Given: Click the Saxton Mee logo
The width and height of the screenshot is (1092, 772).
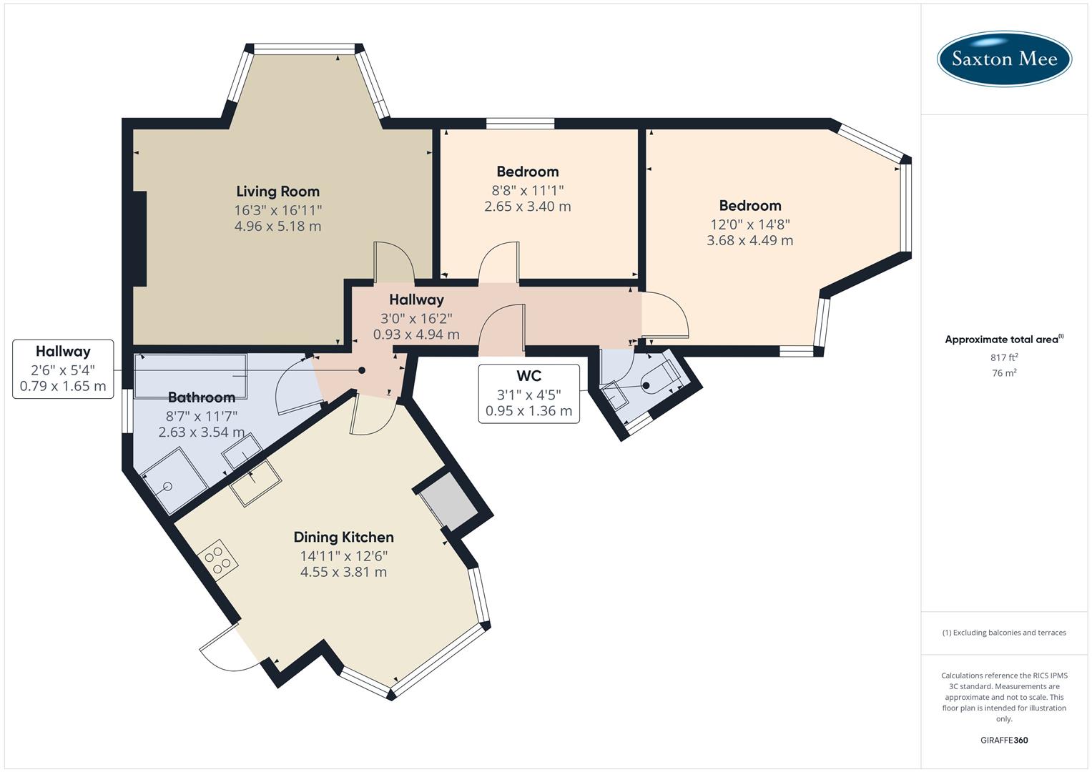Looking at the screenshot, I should [x=1004, y=59].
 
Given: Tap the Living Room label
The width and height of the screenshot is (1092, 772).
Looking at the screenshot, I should [x=277, y=191].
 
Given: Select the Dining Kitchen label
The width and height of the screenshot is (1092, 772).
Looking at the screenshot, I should [x=343, y=537].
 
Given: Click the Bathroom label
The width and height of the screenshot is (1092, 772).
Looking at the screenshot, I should [x=201, y=397].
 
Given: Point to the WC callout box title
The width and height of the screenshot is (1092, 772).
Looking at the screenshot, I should [x=528, y=376].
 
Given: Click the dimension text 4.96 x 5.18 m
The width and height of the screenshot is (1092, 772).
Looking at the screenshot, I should [x=277, y=227].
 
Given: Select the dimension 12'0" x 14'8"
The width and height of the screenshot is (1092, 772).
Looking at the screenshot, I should [x=749, y=224].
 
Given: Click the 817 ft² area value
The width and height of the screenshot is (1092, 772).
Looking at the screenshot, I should [x=1004, y=357].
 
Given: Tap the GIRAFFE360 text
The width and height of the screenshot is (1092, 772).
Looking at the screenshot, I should [x=1004, y=740].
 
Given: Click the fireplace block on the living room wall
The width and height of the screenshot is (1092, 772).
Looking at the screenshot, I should [x=139, y=239].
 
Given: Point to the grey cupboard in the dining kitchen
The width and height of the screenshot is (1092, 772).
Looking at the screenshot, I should [x=447, y=501].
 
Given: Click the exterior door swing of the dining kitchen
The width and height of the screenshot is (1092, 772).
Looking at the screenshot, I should [x=223, y=649].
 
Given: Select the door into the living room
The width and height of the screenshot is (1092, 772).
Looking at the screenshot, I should [x=393, y=262].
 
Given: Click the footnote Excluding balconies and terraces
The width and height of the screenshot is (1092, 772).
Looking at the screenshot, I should [x=1004, y=633].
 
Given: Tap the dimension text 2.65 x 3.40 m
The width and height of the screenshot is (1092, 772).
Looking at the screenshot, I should [x=527, y=207].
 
